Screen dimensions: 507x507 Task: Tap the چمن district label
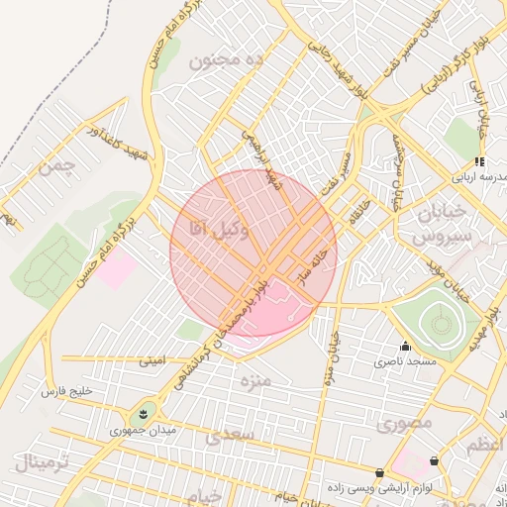pos(56,165)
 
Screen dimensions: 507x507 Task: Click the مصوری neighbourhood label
pos(404,423)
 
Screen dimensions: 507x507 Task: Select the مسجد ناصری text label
pos(405,362)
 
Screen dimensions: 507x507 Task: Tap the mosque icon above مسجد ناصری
pos(405,347)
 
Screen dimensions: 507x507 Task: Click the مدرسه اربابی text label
pos(479,177)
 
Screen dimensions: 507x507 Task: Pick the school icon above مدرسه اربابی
pos(479,161)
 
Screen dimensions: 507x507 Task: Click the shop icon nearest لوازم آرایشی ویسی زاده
pos(379,473)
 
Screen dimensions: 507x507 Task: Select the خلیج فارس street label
pos(65,392)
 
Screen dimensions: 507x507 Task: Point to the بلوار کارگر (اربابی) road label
pos(450,69)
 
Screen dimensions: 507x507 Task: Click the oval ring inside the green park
pos(437,321)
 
